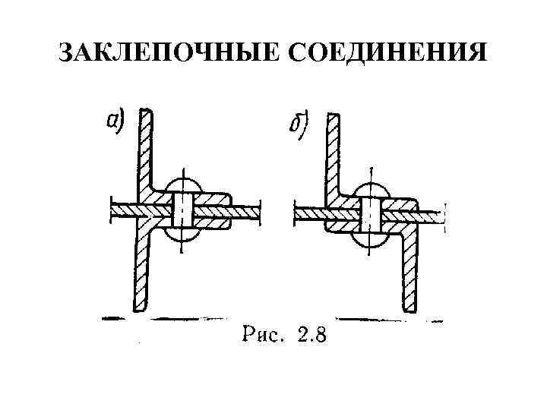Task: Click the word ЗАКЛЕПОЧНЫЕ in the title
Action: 160,53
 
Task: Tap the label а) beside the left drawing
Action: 115,121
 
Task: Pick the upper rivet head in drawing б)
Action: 370,191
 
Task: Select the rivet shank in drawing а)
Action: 183,209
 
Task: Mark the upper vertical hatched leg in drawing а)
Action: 144,152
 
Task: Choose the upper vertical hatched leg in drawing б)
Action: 334,156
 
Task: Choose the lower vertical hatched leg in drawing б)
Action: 410,273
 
